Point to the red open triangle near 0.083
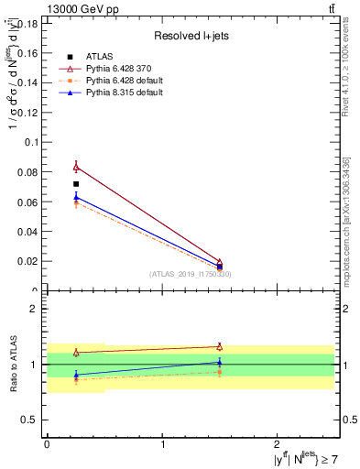pos(76,167)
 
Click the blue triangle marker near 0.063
pos(76,196)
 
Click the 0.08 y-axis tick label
pos(28,172)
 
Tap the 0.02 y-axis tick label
pos(28,261)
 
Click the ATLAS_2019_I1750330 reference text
pos(190,274)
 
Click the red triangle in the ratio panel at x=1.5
pos(220,346)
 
